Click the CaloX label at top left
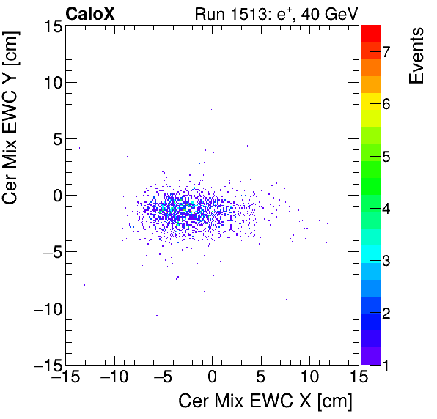point(89,13)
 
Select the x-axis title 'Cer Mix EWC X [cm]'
point(265,401)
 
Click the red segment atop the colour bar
point(370,32)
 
